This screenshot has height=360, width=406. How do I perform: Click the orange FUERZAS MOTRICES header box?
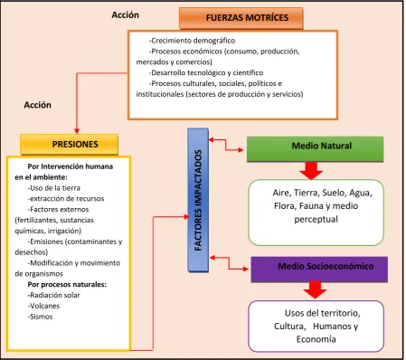[x=241, y=18]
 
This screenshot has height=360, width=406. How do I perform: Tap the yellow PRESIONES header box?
[x=69, y=145]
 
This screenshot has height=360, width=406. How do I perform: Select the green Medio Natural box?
[x=316, y=149]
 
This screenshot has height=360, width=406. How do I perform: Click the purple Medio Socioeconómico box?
[x=319, y=270]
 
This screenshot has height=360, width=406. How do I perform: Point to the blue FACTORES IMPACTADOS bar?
[x=198, y=200]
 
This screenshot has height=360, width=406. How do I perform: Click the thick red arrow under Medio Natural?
[x=311, y=171]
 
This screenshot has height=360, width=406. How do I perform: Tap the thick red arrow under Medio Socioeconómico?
[x=315, y=290]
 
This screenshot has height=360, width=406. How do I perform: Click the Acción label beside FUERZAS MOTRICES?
[x=126, y=15]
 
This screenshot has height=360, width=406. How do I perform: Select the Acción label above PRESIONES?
[x=38, y=105]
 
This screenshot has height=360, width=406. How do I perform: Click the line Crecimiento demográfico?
[x=192, y=41]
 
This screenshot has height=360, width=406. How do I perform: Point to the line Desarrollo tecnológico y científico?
[x=206, y=72]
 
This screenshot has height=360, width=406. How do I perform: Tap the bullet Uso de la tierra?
[x=54, y=188]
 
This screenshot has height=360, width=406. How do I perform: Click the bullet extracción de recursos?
[x=66, y=199]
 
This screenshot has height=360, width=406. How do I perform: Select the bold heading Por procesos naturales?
[x=67, y=284]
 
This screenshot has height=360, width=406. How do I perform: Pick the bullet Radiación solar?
[x=54, y=295]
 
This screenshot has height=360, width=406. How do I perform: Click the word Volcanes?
[x=44, y=306]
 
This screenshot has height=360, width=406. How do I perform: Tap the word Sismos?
[x=41, y=317]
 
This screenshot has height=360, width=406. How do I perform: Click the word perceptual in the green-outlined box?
[x=316, y=220]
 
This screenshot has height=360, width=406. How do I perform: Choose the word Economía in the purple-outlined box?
[x=316, y=339]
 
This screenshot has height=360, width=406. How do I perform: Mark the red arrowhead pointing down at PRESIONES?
[x=77, y=131]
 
